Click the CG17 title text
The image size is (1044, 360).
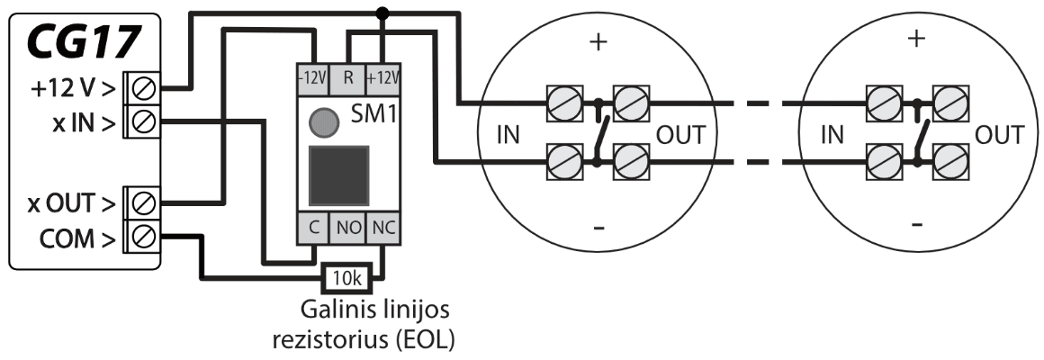[82, 41]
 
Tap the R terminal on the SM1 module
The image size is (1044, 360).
[348, 76]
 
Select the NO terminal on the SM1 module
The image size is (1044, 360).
[348, 229]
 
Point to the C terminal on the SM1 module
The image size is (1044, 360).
[312, 229]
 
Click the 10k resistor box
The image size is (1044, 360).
[344, 278]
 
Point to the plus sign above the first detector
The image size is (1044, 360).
[595, 42]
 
